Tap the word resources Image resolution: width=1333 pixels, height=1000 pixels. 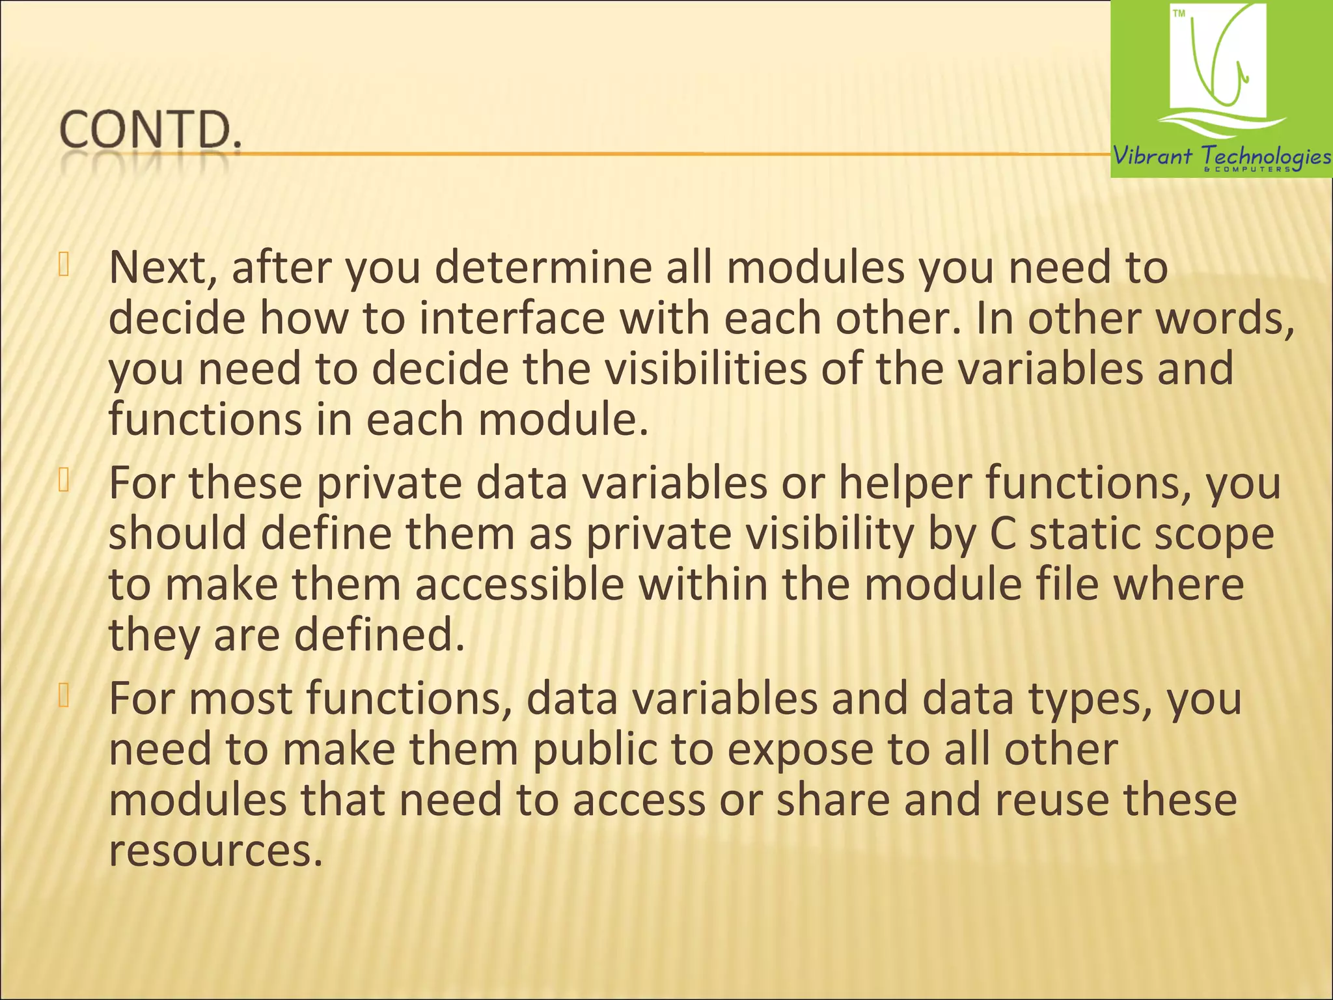(215, 851)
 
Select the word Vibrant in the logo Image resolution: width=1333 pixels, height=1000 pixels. (1153, 156)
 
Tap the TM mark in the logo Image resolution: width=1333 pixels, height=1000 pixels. (1179, 14)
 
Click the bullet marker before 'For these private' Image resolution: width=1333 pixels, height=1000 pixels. (63, 480)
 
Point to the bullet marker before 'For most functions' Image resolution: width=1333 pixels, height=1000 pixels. (63, 696)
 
